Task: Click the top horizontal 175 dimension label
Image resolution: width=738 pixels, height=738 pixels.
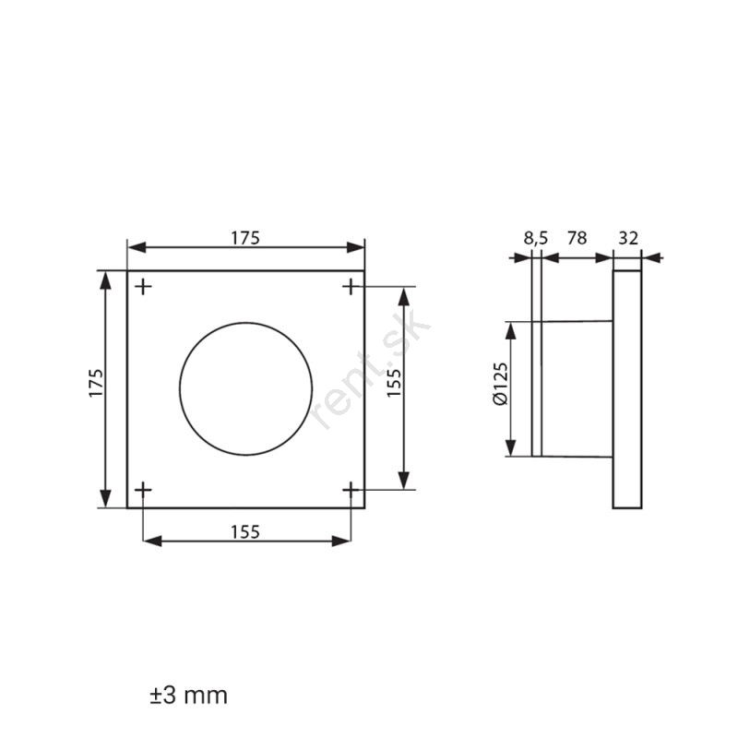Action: tap(245, 238)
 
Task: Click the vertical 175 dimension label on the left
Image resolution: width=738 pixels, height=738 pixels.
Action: tap(96, 383)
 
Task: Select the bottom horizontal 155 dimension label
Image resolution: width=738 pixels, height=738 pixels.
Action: tap(245, 532)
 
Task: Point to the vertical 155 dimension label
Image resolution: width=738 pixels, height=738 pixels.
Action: tap(394, 383)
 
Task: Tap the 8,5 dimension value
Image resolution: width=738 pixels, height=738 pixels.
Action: tap(536, 238)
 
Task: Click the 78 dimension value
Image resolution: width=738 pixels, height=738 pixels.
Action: tap(577, 238)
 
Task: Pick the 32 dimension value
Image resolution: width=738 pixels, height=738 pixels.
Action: tap(628, 238)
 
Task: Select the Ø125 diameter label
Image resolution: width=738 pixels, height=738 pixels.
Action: tap(501, 383)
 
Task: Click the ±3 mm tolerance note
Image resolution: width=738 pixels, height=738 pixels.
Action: tap(189, 696)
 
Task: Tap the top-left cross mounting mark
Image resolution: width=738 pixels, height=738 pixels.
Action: tap(144, 287)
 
